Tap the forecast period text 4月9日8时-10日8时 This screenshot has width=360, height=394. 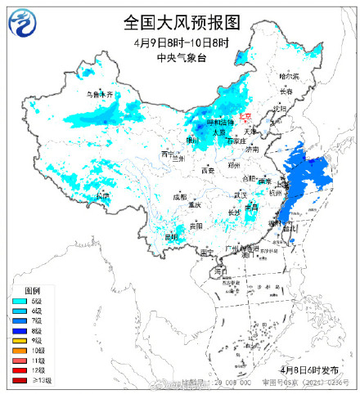tap(181, 42)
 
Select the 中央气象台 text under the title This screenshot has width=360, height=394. tap(181, 56)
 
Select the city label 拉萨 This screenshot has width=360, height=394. tap(101, 195)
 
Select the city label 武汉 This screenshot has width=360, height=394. tap(240, 195)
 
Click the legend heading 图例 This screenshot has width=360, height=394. tap(32, 291)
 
